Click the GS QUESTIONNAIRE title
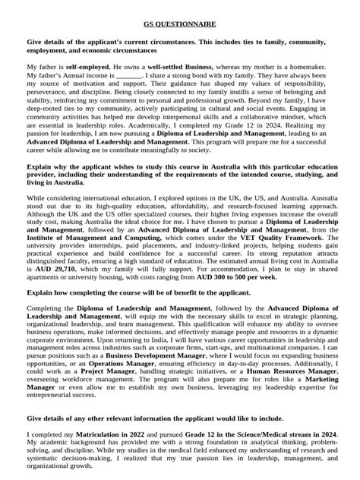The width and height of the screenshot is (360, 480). (180, 24)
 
